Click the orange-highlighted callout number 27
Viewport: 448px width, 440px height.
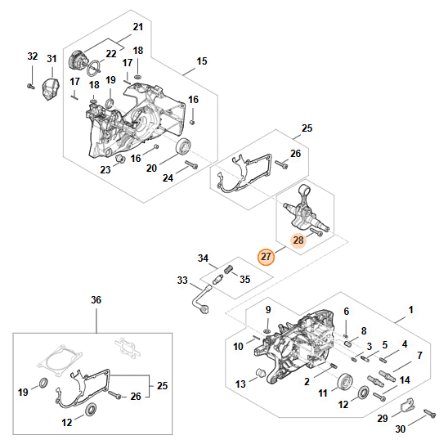point(266,257)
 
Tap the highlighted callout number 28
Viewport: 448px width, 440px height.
point(298,240)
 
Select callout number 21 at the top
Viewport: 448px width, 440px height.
point(138,27)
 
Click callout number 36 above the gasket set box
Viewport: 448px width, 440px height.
point(96,300)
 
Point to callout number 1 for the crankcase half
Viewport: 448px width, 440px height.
point(411,310)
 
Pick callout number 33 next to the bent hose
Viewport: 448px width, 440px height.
point(182,281)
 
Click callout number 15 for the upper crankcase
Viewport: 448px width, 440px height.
point(202,61)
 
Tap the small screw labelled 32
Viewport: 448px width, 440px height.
point(30,86)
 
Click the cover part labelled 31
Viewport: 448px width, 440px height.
point(51,89)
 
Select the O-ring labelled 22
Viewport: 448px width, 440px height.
point(93,69)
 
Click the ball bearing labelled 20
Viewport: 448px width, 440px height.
point(183,146)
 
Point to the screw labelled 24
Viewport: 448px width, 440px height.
point(191,164)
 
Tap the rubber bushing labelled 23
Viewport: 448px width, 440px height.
point(119,158)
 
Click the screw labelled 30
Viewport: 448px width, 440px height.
point(430,413)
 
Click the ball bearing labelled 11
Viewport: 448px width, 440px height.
point(345,382)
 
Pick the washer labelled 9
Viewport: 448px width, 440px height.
point(267,331)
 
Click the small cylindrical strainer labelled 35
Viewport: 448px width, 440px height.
point(229,269)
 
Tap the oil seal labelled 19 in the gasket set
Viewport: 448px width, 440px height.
point(43,383)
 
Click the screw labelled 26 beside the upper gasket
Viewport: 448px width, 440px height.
point(281,164)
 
